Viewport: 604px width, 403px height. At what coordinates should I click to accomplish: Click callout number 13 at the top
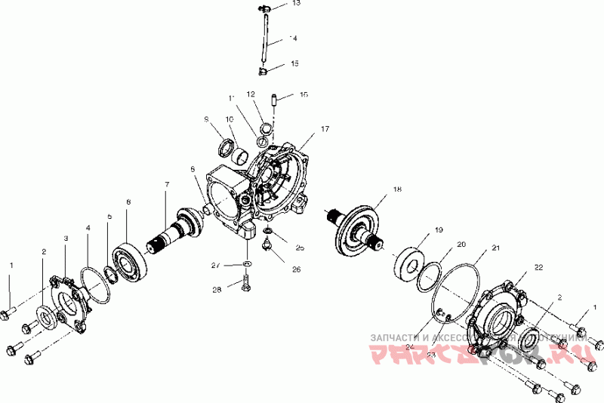coord(296,4)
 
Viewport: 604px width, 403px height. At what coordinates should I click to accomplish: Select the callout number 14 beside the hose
coord(294,38)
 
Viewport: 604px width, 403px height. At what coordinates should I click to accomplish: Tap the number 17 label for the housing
coord(325,130)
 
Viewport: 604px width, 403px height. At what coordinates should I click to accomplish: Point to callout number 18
coord(397,190)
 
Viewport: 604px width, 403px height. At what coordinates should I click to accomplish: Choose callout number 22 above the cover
coord(538,267)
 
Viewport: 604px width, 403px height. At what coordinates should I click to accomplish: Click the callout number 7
coord(166,185)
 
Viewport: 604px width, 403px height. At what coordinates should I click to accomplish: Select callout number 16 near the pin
coord(304,95)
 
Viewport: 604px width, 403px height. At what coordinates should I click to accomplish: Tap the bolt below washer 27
coord(245,286)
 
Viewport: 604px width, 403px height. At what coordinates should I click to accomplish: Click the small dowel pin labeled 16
coord(276,99)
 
